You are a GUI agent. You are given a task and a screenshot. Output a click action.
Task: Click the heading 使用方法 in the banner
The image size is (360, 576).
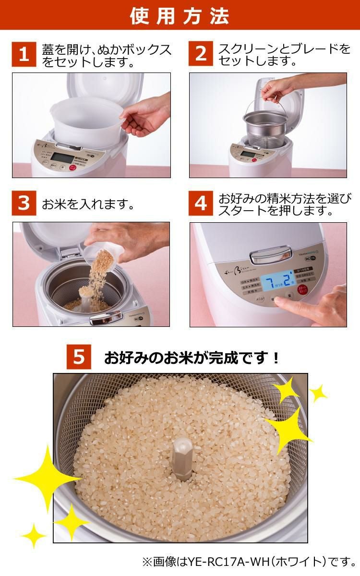tap(180, 16)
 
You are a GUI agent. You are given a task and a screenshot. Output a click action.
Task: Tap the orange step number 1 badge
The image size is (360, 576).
tap(24, 54)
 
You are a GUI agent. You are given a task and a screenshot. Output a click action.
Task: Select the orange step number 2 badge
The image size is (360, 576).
tap(201, 54)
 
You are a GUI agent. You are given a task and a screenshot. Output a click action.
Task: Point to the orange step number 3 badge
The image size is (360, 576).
tap(24, 204)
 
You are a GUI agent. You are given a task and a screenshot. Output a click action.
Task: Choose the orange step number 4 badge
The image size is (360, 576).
tap(201, 204)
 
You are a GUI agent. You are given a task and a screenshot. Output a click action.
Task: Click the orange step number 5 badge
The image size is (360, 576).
tap(79, 357)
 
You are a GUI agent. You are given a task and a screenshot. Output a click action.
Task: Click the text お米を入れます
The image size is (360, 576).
tap(87, 204)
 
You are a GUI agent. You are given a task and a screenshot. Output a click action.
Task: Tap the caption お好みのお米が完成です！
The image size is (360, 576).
tap(192, 358)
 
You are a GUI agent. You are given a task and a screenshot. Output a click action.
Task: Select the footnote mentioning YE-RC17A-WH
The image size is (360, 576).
tap(250, 561)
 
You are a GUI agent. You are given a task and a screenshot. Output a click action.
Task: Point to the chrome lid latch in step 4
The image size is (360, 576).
tap(270, 254)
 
